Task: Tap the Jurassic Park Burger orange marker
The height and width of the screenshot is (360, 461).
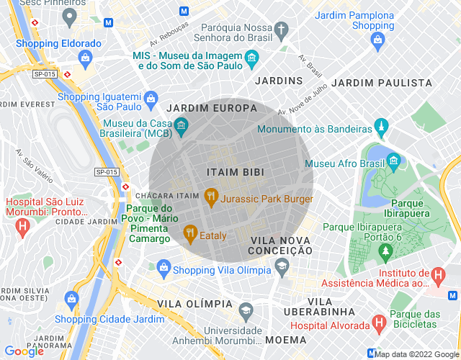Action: tap(210, 194)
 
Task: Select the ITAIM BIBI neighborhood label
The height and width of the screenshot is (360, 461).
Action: tap(235, 173)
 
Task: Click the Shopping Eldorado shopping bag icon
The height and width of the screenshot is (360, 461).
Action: tap(86, 56)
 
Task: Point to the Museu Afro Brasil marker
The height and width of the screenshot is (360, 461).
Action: tap(393, 159)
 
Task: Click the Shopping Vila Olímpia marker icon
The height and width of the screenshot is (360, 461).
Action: tap(164, 269)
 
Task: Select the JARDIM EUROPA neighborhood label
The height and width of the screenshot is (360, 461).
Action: tap(211, 108)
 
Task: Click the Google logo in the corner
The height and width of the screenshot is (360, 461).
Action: tap(24, 351)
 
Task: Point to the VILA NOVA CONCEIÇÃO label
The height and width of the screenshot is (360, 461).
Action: tap(280, 244)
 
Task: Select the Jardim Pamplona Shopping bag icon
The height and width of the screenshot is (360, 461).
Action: tap(378, 40)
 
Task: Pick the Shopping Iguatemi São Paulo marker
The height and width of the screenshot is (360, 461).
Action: tap(151, 98)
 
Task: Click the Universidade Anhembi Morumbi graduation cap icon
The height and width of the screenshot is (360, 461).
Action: tap(246, 310)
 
